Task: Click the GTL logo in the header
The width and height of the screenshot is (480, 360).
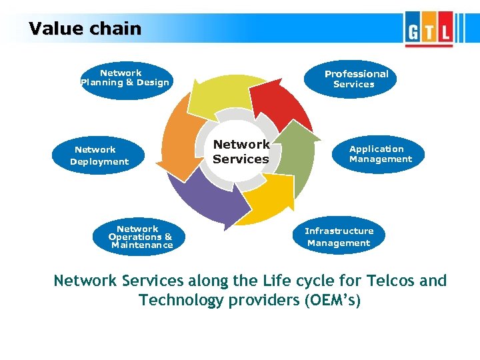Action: pos(428,30)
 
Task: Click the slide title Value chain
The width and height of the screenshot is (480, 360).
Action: pos(85,29)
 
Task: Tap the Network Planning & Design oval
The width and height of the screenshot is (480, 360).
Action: pos(125,79)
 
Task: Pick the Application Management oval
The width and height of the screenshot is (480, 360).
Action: pos(380,154)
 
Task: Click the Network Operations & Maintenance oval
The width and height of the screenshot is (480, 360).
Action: pos(141,237)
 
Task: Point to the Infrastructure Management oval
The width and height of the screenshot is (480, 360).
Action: pos(339,237)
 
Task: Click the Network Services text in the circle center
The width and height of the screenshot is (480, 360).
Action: pos(241,152)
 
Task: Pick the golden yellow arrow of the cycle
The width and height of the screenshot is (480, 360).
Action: pos(267,197)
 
